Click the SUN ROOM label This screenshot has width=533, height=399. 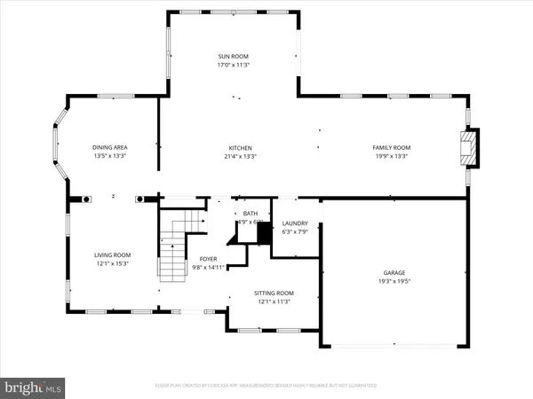233,55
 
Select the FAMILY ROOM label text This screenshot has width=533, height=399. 390,147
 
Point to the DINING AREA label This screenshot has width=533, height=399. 109,147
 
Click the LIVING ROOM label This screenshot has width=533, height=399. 112,254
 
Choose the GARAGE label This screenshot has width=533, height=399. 390,272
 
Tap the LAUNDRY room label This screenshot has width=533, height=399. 294,223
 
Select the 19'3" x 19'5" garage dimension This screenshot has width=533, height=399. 390,281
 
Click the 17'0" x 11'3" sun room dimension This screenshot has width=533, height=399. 233,64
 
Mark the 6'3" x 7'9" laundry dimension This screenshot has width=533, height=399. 294,232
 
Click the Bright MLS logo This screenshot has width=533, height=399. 33,387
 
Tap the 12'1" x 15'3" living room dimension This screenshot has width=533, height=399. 112,263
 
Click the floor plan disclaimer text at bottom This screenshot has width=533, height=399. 266,387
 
